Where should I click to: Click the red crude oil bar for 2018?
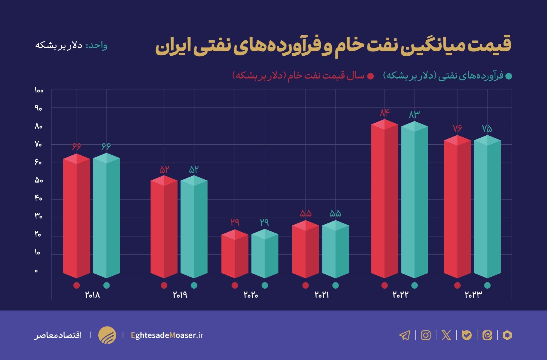pos(76,217)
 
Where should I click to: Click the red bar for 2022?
pos(384,200)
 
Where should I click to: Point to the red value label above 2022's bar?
pos(384,113)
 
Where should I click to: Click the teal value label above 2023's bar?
pos(487,128)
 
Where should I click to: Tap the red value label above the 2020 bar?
pos(235,222)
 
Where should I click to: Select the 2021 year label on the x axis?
pos(322,295)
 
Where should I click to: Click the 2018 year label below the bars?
pos(92,295)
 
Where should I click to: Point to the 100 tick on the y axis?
pos(39,90)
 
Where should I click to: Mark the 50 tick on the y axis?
pos(39,180)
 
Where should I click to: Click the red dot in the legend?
pos(370,76)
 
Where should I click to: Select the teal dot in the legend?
pos(508,76)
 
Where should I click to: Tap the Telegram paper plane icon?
pos(405,335)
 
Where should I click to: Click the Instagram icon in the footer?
pos(425,335)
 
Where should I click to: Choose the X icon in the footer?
pos(446,335)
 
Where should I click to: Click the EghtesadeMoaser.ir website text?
pos(167,335)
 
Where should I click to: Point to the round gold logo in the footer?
pos(107,335)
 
